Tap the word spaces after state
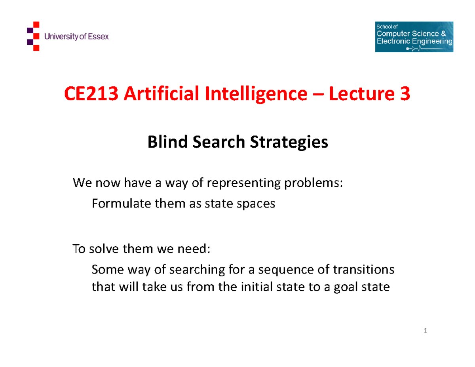click(x=255, y=204)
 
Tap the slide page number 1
click(x=425, y=331)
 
